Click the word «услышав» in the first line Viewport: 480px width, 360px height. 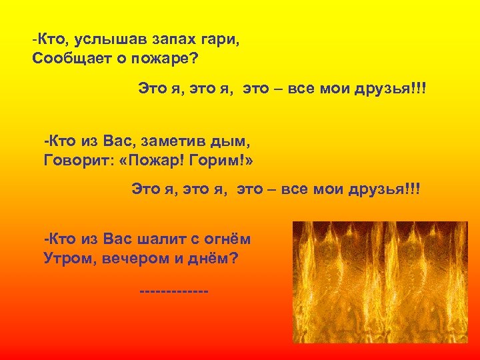101,39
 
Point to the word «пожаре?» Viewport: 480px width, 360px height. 167,57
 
